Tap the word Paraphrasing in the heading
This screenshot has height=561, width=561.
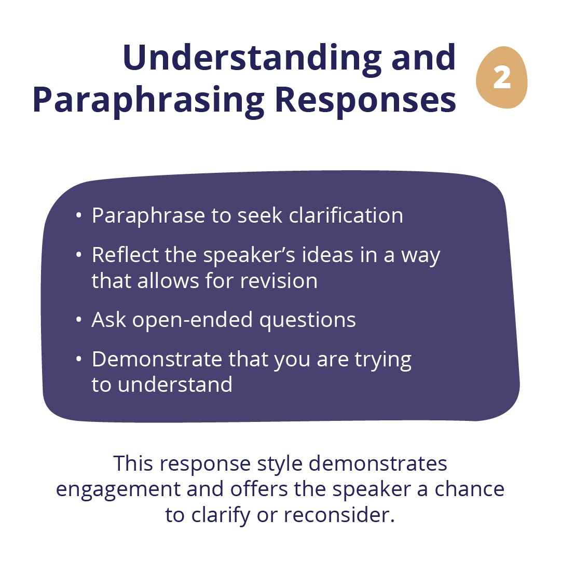click(x=148, y=100)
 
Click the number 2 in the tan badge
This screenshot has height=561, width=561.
click(x=502, y=78)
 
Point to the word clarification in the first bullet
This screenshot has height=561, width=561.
click(x=346, y=215)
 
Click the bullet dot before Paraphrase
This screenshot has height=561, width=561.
click(x=79, y=216)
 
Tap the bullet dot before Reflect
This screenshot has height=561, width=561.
click(x=79, y=255)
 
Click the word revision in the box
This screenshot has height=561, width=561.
click(x=279, y=281)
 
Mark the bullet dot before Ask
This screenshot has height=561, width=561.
click(x=79, y=320)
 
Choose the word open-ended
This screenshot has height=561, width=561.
click(x=193, y=320)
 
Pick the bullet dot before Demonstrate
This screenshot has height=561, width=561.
click(x=79, y=359)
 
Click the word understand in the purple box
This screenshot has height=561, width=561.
click(x=175, y=385)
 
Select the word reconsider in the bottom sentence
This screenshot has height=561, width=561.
click(x=339, y=515)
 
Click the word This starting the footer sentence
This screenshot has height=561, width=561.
click(x=133, y=463)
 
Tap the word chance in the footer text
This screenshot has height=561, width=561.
click(x=470, y=489)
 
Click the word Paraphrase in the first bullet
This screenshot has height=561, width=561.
click(x=148, y=216)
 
